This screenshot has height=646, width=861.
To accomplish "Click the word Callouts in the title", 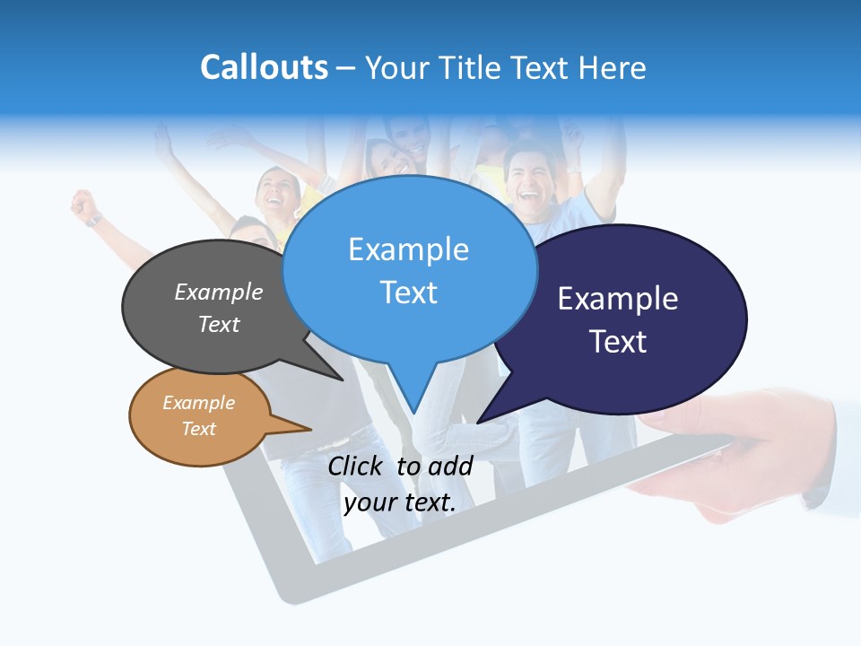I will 264,67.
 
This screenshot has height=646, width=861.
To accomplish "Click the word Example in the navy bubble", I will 617,299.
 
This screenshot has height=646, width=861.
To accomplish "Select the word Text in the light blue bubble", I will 409,292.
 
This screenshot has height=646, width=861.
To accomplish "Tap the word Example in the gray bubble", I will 219,292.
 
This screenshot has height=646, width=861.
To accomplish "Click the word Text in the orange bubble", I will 199,429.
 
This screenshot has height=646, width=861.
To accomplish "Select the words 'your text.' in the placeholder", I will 399,502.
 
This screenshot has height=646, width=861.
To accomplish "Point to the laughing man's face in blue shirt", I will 523,175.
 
